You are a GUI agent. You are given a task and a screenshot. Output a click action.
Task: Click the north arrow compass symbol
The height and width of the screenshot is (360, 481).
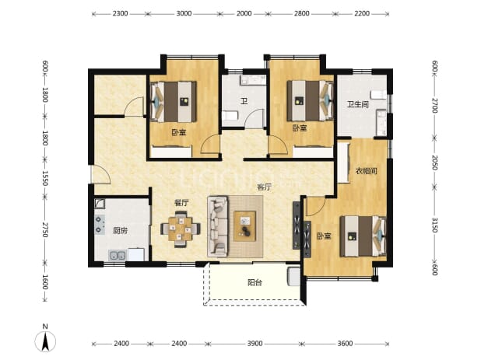[x=45, y=341]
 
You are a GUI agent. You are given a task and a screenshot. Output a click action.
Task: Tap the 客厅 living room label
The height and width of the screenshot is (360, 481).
[x=264, y=187]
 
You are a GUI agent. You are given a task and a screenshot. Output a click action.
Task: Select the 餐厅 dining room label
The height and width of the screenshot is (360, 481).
[x=181, y=202]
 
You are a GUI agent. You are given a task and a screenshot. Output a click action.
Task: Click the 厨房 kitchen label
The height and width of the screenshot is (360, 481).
[x=120, y=230]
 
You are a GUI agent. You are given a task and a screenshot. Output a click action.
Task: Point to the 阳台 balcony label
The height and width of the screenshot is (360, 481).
[x=255, y=282]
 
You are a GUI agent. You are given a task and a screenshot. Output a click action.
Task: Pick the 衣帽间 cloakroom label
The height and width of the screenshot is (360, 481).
[x=366, y=170]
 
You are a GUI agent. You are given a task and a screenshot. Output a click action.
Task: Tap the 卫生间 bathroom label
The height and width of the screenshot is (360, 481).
[x=357, y=104]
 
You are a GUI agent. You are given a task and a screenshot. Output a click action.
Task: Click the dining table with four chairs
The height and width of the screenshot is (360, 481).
[x=181, y=229]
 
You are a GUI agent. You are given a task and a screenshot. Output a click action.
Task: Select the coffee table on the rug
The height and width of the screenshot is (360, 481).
[x=245, y=226]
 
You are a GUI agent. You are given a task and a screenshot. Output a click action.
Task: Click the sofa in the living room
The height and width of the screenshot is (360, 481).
[x=218, y=226]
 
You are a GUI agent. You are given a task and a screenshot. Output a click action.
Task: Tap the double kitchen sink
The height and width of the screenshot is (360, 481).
[x=118, y=255]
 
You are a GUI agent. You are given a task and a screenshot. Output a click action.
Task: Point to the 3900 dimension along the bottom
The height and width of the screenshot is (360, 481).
[x=255, y=344]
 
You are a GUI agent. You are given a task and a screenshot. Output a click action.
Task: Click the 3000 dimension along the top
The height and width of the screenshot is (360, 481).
[x=184, y=13]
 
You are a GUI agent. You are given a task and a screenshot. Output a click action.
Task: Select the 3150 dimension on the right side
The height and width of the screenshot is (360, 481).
[x=434, y=225]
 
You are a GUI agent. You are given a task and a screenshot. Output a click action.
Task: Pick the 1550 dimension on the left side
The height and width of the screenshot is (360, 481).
[x=45, y=178]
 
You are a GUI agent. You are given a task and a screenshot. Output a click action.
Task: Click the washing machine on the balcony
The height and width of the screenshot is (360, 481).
[x=294, y=277]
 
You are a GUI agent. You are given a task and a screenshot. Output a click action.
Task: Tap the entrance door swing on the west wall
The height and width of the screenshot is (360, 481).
[x=101, y=175]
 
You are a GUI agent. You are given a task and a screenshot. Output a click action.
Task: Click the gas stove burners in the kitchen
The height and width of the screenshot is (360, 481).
[x=100, y=224]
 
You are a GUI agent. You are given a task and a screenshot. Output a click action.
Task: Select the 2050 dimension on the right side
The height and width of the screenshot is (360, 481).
[x=434, y=163]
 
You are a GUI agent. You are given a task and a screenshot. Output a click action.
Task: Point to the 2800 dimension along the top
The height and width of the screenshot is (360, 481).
[x=301, y=13]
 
